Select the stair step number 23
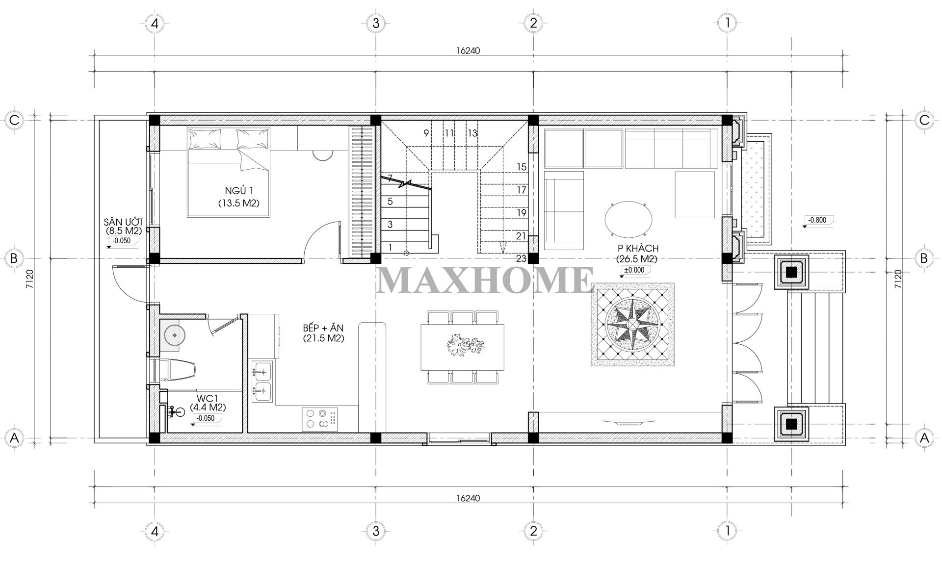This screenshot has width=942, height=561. coord(521,258)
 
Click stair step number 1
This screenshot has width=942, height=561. coord(391,248)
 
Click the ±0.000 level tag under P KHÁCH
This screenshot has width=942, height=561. coord(634,270)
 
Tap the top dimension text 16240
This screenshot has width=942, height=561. coord(468,51)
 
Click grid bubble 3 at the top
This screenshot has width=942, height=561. coord(375,23)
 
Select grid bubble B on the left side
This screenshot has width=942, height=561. coord(14,258)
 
